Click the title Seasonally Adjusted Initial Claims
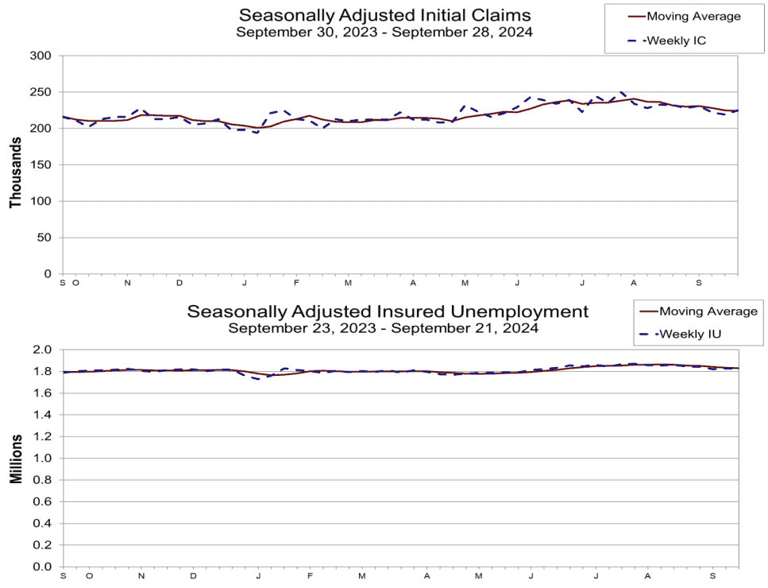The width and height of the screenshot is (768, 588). [385, 15]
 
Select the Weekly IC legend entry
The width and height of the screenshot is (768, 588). [676, 41]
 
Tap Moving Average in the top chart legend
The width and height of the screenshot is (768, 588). [693, 16]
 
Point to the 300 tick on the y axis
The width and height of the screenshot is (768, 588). [41, 56]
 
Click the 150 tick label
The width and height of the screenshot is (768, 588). [41, 164]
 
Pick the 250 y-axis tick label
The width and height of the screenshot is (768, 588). [41, 92]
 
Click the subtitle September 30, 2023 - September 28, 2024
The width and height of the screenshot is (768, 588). [384, 33]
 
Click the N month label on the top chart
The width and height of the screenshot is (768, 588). [128, 283]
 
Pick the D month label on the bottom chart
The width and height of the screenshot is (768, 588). [194, 575]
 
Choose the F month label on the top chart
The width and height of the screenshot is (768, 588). [296, 283]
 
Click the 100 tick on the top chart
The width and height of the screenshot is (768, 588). [41, 201]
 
